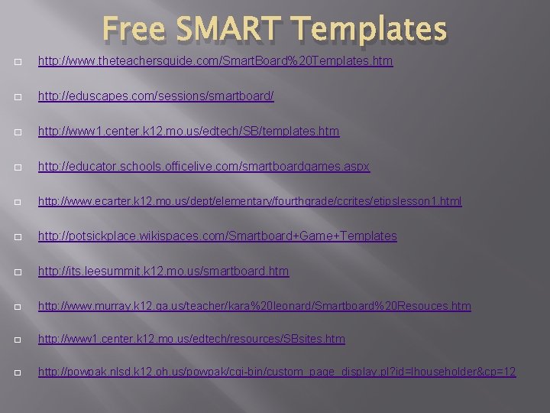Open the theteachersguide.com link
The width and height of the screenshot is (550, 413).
pos(215,61)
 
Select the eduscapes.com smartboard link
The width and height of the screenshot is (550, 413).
pos(156,96)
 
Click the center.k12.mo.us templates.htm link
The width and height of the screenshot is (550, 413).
pos(189,132)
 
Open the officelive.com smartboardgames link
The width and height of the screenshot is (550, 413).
pos(204,167)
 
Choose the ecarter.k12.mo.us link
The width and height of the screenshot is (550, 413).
pos(250,201)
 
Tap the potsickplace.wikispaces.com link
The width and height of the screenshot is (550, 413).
pos(218,236)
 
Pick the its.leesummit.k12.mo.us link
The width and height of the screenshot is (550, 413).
pos(163,272)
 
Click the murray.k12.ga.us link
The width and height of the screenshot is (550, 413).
pos(254,306)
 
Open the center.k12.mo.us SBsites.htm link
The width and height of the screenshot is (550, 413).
pos(192,338)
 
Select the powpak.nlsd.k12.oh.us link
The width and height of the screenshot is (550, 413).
pos(277,372)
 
